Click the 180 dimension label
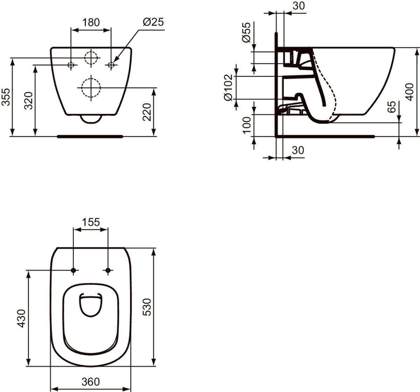tap(91, 22)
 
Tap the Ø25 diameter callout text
tap(153, 22)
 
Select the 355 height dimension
tap(6, 97)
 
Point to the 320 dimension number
tap(29, 100)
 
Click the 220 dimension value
tap(147, 112)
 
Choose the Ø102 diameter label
tap(228, 87)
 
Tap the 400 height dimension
tap(409, 92)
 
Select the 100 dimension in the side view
tap(246, 125)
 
